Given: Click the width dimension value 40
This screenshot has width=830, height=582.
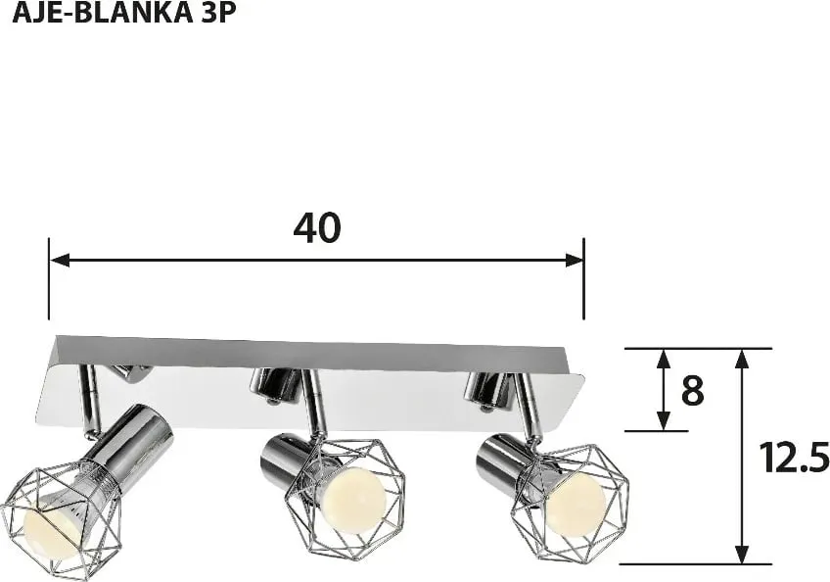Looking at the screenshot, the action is coord(317,228).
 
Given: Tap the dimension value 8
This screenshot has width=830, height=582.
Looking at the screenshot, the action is coord(692,391).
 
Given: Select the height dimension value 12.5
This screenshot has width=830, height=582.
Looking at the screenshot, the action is coord(794,458).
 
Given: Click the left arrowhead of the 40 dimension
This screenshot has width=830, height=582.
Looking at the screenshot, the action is coord(60,261).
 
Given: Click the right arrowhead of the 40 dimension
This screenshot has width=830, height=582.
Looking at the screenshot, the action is coord(574,261).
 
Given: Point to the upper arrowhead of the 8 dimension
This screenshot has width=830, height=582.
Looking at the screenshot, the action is coord(664,360).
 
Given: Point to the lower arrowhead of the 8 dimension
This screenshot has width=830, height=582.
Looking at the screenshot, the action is coord(664,420).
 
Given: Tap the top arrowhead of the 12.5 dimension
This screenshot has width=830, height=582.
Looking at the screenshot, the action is coord(743,360).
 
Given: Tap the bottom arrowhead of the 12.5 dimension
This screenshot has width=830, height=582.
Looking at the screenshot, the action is coord(743,554).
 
